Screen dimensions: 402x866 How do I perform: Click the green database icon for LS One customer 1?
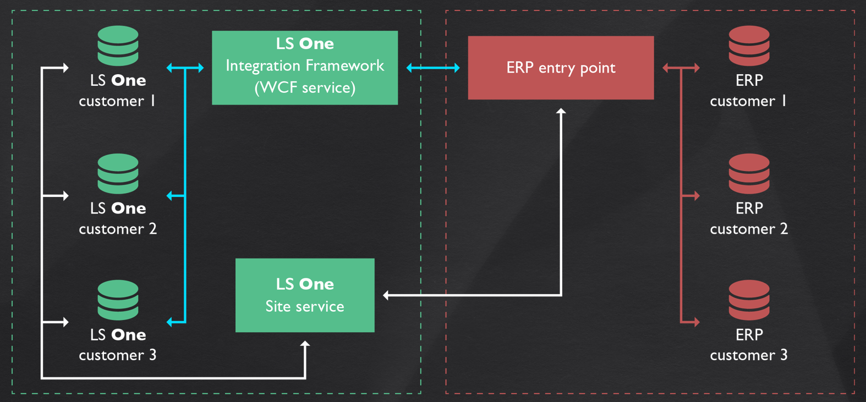tap(118, 45)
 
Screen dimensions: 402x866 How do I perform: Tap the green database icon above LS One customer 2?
tap(118, 173)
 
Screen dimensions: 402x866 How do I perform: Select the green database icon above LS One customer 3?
tap(118, 300)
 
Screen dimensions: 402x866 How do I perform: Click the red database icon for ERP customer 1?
tap(749, 45)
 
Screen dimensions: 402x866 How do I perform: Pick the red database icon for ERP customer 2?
tap(749, 173)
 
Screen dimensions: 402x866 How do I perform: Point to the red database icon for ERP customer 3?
tap(749, 300)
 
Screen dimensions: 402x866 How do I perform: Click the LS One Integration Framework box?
tap(305, 68)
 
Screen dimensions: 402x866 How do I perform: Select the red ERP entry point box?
tap(561, 68)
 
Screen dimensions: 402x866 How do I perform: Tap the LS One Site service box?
tap(305, 295)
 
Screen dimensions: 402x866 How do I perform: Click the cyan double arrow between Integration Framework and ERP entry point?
tap(433, 68)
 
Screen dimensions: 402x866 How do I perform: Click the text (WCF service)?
tap(305, 87)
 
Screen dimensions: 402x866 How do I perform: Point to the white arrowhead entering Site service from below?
tap(305, 344)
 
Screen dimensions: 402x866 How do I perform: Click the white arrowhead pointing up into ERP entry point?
tap(561, 112)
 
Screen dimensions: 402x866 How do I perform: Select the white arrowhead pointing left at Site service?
tap(386, 295)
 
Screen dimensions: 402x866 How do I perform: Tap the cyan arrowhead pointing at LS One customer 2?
tap(170, 195)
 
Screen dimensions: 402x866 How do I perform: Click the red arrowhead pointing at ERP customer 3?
tap(696, 322)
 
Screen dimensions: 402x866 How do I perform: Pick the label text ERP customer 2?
tap(749, 218)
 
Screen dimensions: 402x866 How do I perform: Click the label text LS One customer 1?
tap(118, 91)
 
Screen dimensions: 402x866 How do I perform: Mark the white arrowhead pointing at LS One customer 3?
tap(65, 322)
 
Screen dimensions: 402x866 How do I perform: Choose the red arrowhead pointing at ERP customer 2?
tap(696, 195)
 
